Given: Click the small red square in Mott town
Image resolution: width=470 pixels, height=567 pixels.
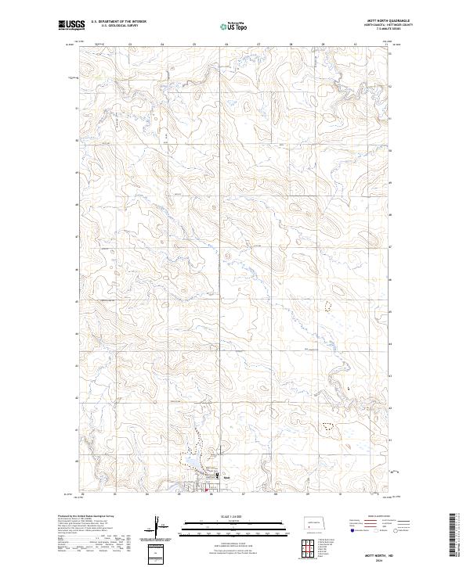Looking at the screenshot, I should point(207,491).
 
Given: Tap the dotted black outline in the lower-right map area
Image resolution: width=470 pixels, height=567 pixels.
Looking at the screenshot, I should point(327,425).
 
